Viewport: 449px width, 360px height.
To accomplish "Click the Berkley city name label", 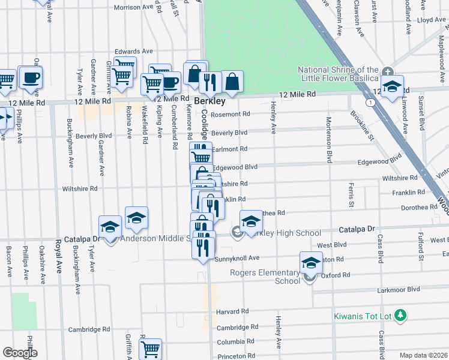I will [x=208, y=101].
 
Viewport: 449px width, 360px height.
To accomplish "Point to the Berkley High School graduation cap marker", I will [x=251, y=221].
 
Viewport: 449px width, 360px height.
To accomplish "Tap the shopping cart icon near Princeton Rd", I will [x=150, y=348].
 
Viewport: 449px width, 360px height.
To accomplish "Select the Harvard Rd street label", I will [x=232, y=312].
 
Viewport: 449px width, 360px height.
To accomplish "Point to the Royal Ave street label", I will [x=59, y=256].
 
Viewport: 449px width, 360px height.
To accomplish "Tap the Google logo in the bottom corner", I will [x=20, y=353].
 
